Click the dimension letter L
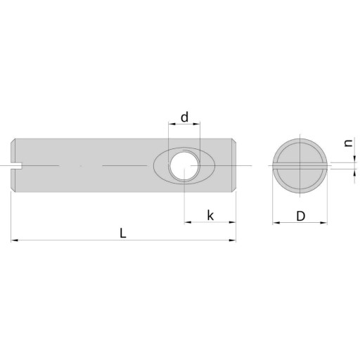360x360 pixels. (x=123, y=233)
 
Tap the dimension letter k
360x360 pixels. (x=210, y=215)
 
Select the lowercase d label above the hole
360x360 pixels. (x=185, y=117)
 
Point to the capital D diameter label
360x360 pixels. (x=301, y=216)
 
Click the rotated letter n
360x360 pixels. (x=349, y=143)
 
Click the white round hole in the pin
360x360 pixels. (x=184, y=166)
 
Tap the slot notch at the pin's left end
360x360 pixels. (x=16, y=166)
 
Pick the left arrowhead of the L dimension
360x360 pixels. (x=15, y=240)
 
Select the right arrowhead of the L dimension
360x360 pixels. (x=232, y=240)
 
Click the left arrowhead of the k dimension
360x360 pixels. (x=188, y=222)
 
